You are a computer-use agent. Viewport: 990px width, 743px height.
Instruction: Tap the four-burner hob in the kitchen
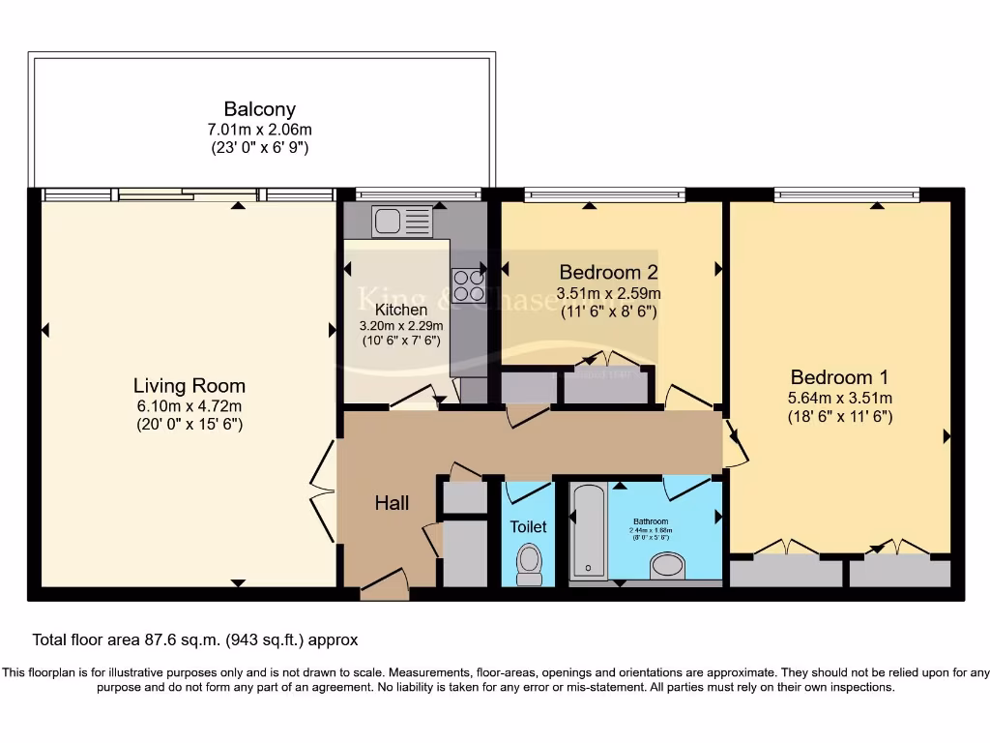(x=468, y=284)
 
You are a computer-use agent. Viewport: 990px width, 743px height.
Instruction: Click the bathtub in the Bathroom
(x=588, y=530)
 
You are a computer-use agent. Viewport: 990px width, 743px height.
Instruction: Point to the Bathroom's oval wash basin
(x=668, y=565)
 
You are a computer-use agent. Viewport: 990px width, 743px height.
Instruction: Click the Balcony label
(x=259, y=109)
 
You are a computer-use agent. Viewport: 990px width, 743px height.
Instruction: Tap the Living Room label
(x=189, y=385)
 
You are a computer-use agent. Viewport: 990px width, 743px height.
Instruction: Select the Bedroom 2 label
(x=600, y=272)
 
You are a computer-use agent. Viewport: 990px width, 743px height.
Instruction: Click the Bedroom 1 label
(x=839, y=377)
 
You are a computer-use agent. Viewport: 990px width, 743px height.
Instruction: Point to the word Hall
(x=392, y=503)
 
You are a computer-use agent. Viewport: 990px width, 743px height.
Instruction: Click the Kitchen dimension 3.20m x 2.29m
(x=401, y=326)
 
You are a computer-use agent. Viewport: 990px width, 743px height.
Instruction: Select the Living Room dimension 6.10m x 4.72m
(x=189, y=405)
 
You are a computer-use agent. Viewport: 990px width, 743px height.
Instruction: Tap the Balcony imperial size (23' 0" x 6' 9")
(x=259, y=148)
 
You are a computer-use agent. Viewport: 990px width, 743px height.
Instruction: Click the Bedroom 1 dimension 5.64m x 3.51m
(x=839, y=398)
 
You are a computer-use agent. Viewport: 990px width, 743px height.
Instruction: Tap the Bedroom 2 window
(x=604, y=195)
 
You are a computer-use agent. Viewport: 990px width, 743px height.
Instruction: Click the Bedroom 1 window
(x=846, y=195)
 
